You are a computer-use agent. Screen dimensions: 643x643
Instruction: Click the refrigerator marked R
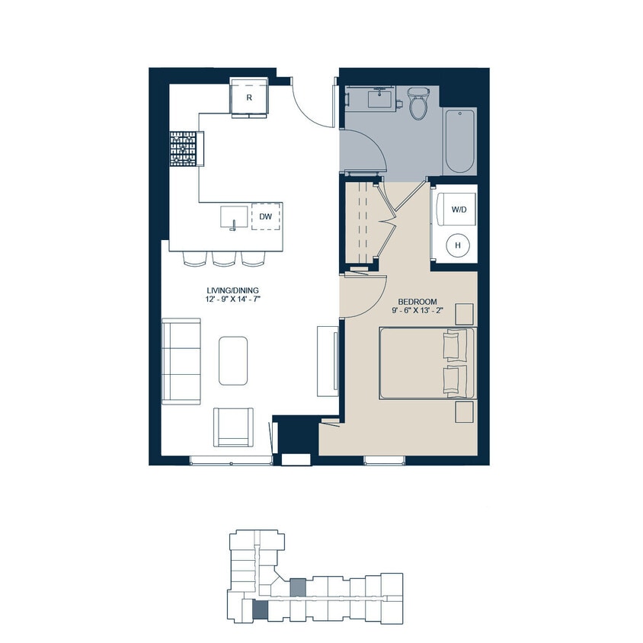pos(249,97)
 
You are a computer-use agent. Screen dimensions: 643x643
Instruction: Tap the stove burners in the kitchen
pos(183,149)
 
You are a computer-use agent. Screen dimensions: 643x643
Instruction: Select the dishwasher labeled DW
pos(265,217)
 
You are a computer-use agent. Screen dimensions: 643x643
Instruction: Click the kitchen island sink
pos(234,217)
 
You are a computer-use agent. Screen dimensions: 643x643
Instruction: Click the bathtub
pos(459,141)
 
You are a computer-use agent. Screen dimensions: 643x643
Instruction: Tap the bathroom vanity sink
pos(379,98)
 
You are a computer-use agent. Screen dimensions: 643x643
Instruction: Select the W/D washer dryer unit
pos(459,208)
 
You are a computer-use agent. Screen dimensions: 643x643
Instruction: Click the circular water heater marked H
pos(458,245)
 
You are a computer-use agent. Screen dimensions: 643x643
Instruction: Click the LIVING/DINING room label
pos(232,290)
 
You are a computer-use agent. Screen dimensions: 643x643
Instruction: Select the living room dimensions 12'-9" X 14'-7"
pos(232,300)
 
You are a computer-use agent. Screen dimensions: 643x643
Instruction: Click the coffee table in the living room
pos(233,360)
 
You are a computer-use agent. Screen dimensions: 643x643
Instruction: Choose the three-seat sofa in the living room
pos(180,361)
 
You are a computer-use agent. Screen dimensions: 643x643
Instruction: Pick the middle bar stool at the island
pos(223,258)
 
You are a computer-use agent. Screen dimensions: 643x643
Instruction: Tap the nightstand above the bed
pos(462,314)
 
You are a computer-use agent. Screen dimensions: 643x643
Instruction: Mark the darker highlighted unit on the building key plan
pos(261,609)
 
